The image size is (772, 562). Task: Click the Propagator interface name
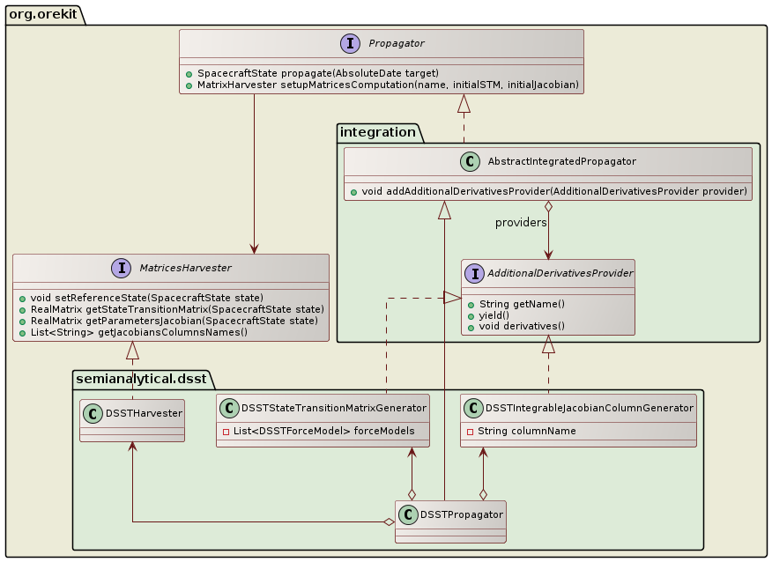click(x=397, y=43)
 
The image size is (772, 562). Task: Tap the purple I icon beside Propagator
click(x=351, y=43)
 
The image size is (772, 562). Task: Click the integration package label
click(x=379, y=133)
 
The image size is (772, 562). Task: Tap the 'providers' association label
click(x=521, y=223)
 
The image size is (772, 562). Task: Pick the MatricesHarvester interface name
click(x=184, y=268)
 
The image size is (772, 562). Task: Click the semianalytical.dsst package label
click(x=141, y=379)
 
